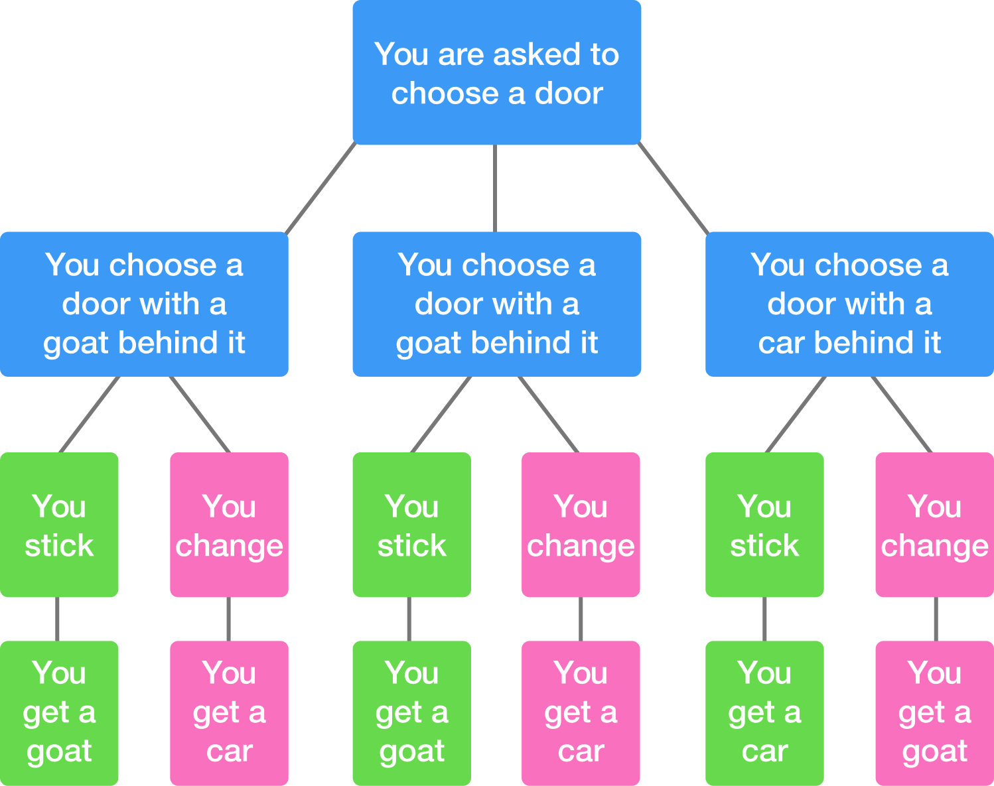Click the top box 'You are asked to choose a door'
(x=496, y=72)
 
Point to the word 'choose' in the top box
(x=444, y=94)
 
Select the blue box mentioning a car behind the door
(x=849, y=304)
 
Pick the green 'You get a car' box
(x=764, y=713)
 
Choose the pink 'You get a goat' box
(x=934, y=713)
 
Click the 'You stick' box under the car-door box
(x=764, y=525)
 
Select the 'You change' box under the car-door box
(x=934, y=525)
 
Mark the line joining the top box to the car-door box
(x=674, y=188)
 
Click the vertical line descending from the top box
(x=495, y=188)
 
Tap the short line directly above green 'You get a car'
(x=764, y=619)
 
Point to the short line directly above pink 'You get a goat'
(x=936, y=619)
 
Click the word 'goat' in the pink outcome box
(x=934, y=752)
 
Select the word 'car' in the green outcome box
(x=764, y=752)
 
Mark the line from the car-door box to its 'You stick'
(x=796, y=415)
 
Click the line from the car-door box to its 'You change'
(x=902, y=415)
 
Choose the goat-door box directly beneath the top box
(x=496, y=304)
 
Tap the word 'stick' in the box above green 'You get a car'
(x=764, y=546)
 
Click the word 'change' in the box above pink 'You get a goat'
(x=934, y=546)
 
